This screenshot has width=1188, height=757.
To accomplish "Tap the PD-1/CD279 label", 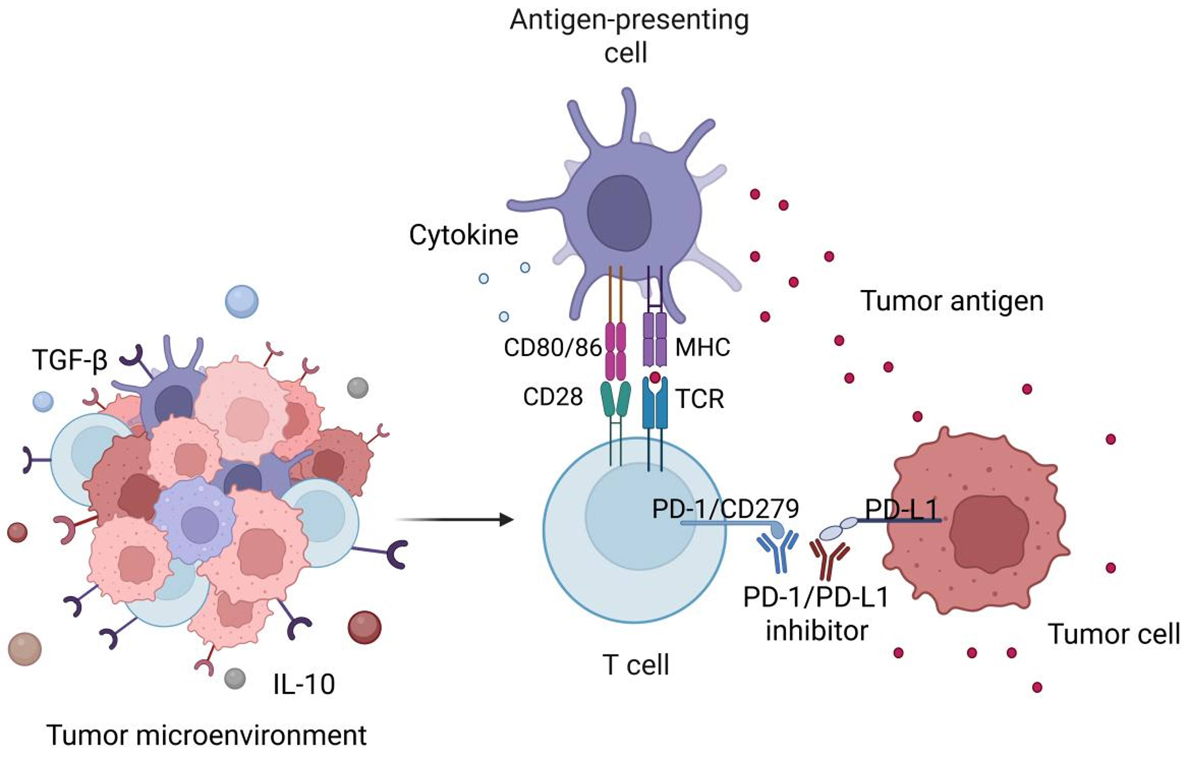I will (725, 508).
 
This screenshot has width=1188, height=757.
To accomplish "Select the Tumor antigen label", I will (952, 301).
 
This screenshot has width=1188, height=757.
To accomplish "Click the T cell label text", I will (635, 665).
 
